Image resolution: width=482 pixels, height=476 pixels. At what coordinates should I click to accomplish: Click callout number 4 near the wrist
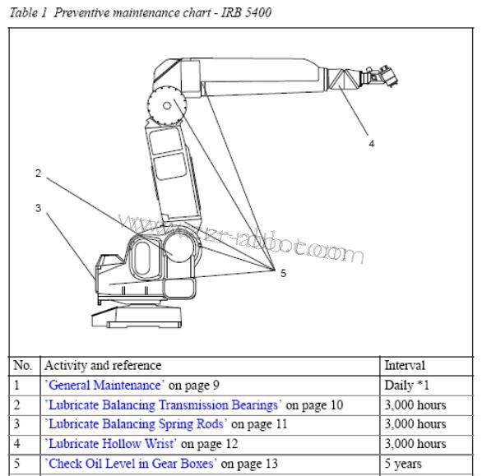(x=371, y=144)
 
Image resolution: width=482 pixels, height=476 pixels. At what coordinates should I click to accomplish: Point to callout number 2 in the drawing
(x=38, y=173)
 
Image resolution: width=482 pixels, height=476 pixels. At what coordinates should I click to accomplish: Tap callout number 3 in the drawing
(x=38, y=208)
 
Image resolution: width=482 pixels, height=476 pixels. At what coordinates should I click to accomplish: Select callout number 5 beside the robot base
(x=283, y=274)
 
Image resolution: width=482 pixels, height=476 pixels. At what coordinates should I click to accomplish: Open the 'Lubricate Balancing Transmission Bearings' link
(x=163, y=404)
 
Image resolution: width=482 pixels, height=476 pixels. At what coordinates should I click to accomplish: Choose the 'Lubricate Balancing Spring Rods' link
(x=136, y=424)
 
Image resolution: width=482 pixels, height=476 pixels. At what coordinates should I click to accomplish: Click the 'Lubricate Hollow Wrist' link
(x=111, y=444)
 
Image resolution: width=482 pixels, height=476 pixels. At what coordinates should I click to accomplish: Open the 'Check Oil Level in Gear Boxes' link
(x=130, y=464)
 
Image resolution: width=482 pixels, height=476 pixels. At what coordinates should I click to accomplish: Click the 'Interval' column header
(x=405, y=365)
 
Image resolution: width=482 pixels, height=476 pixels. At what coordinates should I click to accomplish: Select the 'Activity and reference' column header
(x=103, y=365)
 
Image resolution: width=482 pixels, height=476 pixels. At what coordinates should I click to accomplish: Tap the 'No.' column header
(x=23, y=365)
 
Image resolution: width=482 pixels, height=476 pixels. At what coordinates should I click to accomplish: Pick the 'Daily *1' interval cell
(x=407, y=385)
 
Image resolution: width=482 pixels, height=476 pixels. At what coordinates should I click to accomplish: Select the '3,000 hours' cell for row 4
(x=415, y=444)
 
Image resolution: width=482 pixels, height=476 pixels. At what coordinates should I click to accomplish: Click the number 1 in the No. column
(x=17, y=385)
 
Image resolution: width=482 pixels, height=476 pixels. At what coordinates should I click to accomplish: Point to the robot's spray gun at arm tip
(x=380, y=77)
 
